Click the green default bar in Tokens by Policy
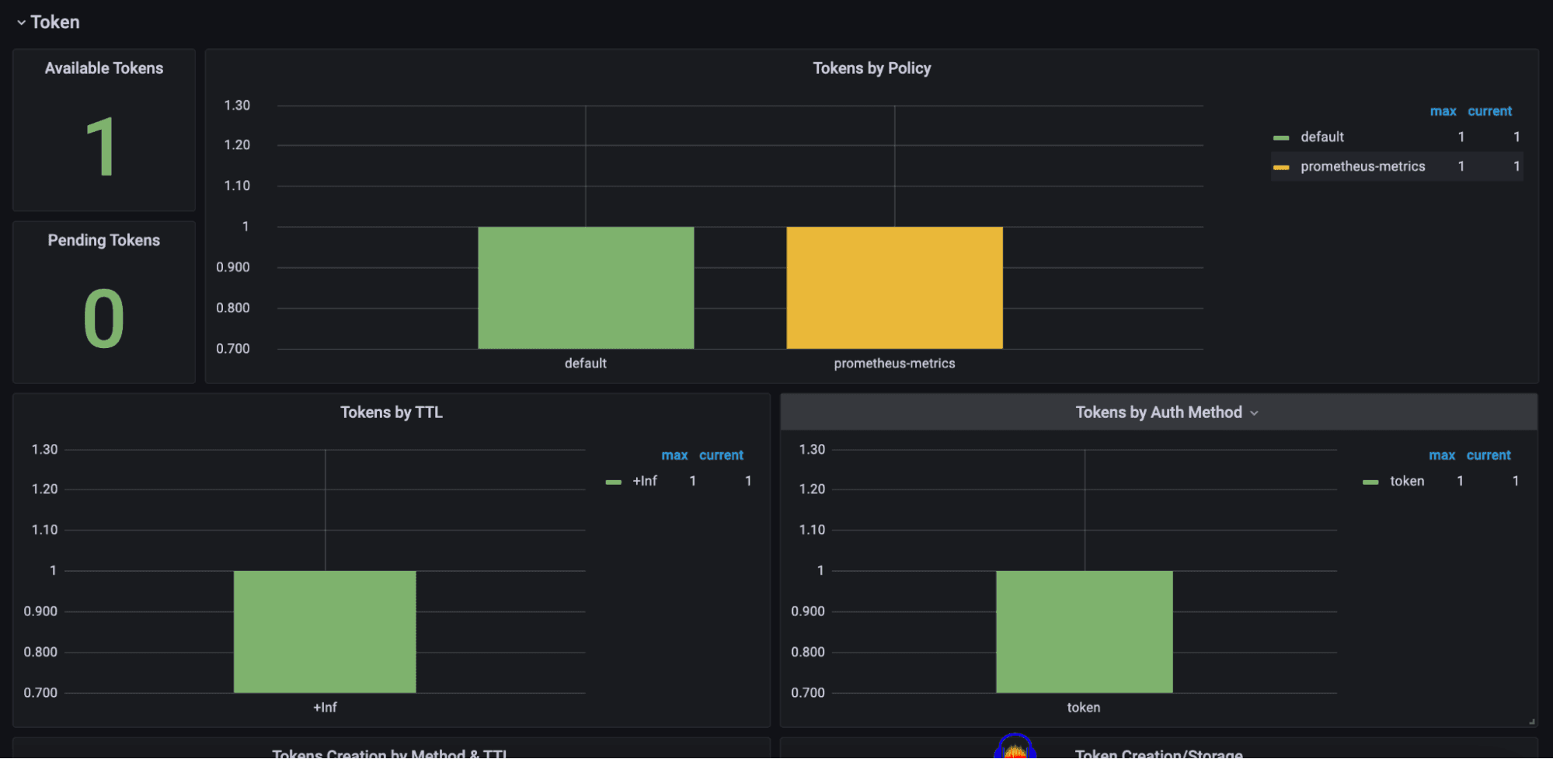[586, 287]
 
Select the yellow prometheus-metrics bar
[894, 287]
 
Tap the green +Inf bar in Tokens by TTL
[325, 632]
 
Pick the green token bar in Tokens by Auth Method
[1084, 632]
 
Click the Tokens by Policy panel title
[872, 68]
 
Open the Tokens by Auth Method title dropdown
[1254, 413]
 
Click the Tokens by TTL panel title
[392, 413]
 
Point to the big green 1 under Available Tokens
[102, 148]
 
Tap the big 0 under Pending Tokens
[103, 319]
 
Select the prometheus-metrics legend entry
[1363, 166]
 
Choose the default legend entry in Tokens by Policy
[1322, 137]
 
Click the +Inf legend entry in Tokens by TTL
[644, 481]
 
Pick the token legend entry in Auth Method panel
[1407, 481]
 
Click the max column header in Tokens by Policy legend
[1443, 111]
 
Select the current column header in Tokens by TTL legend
[721, 455]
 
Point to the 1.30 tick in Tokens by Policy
[237, 106]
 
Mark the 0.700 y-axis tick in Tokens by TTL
[40, 692]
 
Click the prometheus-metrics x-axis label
[894, 364]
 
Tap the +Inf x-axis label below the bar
[325, 708]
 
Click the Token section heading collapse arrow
[21, 23]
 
